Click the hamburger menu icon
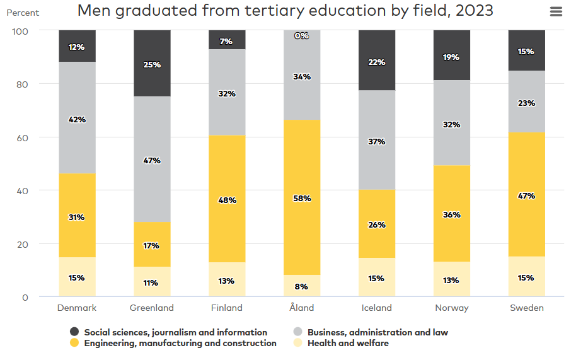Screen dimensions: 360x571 (x=556, y=12)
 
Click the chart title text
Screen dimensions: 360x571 (x=285, y=11)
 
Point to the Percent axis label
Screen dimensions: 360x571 (x=23, y=13)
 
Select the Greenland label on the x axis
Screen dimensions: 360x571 (x=151, y=308)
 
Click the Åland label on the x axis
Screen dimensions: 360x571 (x=301, y=308)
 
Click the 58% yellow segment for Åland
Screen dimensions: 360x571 (x=302, y=197)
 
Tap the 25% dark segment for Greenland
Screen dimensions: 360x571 (x=152, y=64)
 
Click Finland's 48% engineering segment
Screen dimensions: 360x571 (x=227, y=199)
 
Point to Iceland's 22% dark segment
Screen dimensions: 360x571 (x=377, y=61)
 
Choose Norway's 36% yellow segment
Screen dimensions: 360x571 (x=452, y=214)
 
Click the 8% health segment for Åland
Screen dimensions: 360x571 (x=302, y=286)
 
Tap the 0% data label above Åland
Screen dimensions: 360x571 (x=302, y=36)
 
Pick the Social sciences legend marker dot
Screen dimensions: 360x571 (x=74, y=332)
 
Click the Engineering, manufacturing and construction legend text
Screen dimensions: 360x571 (x=180, y=344)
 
